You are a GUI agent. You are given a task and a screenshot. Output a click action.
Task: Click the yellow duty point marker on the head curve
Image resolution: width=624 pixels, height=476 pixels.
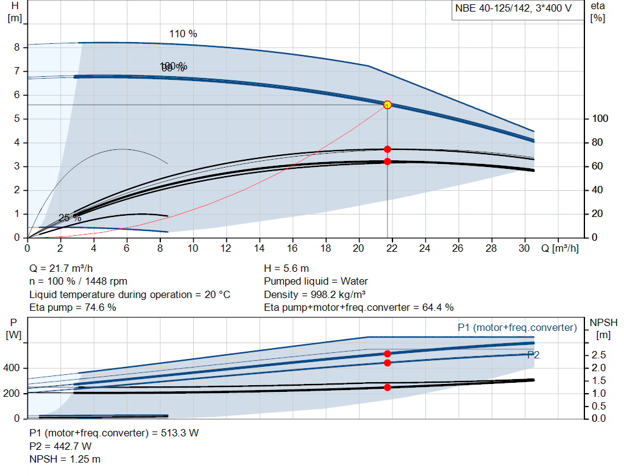click(x=387, y=105)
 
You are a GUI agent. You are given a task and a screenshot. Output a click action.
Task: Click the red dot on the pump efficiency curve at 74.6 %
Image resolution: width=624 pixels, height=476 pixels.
click(x=387, y=149)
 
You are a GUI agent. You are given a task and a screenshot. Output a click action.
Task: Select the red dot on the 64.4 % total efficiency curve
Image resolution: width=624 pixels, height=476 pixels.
click(x=387, y=162)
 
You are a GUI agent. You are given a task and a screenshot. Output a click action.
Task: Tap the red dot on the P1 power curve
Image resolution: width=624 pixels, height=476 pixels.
click(x=387, y=353)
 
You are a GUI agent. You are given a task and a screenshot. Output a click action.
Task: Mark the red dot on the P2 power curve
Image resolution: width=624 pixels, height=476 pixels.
click(x=387, y=363)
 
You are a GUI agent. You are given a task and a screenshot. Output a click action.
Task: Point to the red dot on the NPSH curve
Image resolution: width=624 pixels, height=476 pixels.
click(x=387, y=387)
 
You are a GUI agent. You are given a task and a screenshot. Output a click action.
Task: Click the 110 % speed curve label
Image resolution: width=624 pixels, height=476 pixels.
click(x=183, y=34)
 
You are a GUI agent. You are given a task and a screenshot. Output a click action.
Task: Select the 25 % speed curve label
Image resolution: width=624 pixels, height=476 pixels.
click(x=69, y=218)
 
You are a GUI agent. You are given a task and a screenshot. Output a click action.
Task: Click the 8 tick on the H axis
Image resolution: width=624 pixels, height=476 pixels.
click(x=17, y=48)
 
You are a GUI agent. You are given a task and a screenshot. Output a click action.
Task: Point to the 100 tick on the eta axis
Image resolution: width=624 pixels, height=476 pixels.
click(x=598, y=119)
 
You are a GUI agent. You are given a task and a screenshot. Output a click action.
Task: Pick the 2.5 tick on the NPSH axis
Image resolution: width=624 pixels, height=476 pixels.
click(x=598, y=355)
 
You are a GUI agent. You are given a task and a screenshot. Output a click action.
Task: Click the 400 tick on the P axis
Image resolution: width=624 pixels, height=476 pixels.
click(x=13, y=368)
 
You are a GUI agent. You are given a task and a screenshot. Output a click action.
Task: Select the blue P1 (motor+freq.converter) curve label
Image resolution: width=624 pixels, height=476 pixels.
click(x=517, y=328)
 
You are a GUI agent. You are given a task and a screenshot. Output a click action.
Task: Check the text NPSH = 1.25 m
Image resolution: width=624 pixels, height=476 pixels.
click(x=65, y=459)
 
